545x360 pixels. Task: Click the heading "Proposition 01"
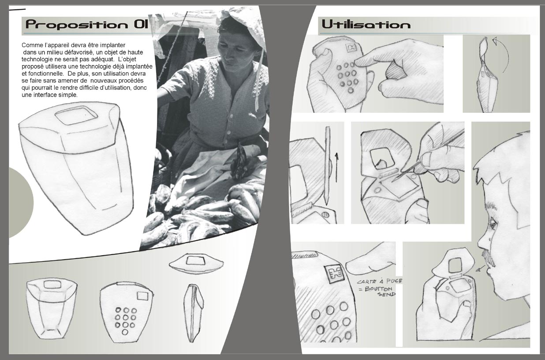[x=87, y=24]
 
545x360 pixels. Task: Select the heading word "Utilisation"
[x=366, y=24]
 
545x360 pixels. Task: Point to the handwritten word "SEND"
[x=386, y=294]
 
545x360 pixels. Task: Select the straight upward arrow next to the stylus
[x=336, y=167]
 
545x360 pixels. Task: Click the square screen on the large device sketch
[x=76, y=115]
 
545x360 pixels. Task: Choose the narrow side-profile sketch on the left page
[x=194, y=313]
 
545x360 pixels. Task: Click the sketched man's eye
[x=493, y=223]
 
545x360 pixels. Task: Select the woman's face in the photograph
[x=234, y=51]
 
